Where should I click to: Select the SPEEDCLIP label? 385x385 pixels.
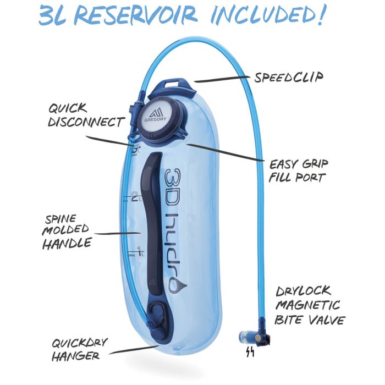288,77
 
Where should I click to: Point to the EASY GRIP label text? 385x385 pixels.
299,164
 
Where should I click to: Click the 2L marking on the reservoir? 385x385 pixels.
136,195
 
